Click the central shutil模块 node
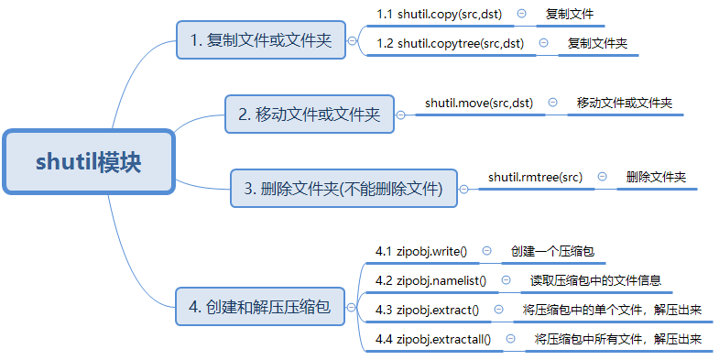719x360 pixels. coord(88,162)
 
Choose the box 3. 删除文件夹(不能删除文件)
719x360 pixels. coord(344,189)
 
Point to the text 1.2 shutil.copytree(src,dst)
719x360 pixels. coord(450,43)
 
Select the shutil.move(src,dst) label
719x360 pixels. coord(479,103)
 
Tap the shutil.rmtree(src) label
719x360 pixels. coord(535,176)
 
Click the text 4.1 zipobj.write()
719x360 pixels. coord(421,250)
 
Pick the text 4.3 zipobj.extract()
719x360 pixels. coord(427,310)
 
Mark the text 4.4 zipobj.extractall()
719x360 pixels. coord(433,340)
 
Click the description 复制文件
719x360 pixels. coord(570,15)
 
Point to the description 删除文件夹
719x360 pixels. coord(656,176)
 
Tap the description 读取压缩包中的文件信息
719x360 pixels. coord(595,280)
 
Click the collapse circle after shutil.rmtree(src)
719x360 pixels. coord(603,176)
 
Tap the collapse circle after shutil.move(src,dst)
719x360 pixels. coord(553,103)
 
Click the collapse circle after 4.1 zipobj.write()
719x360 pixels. coord(487,250)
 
